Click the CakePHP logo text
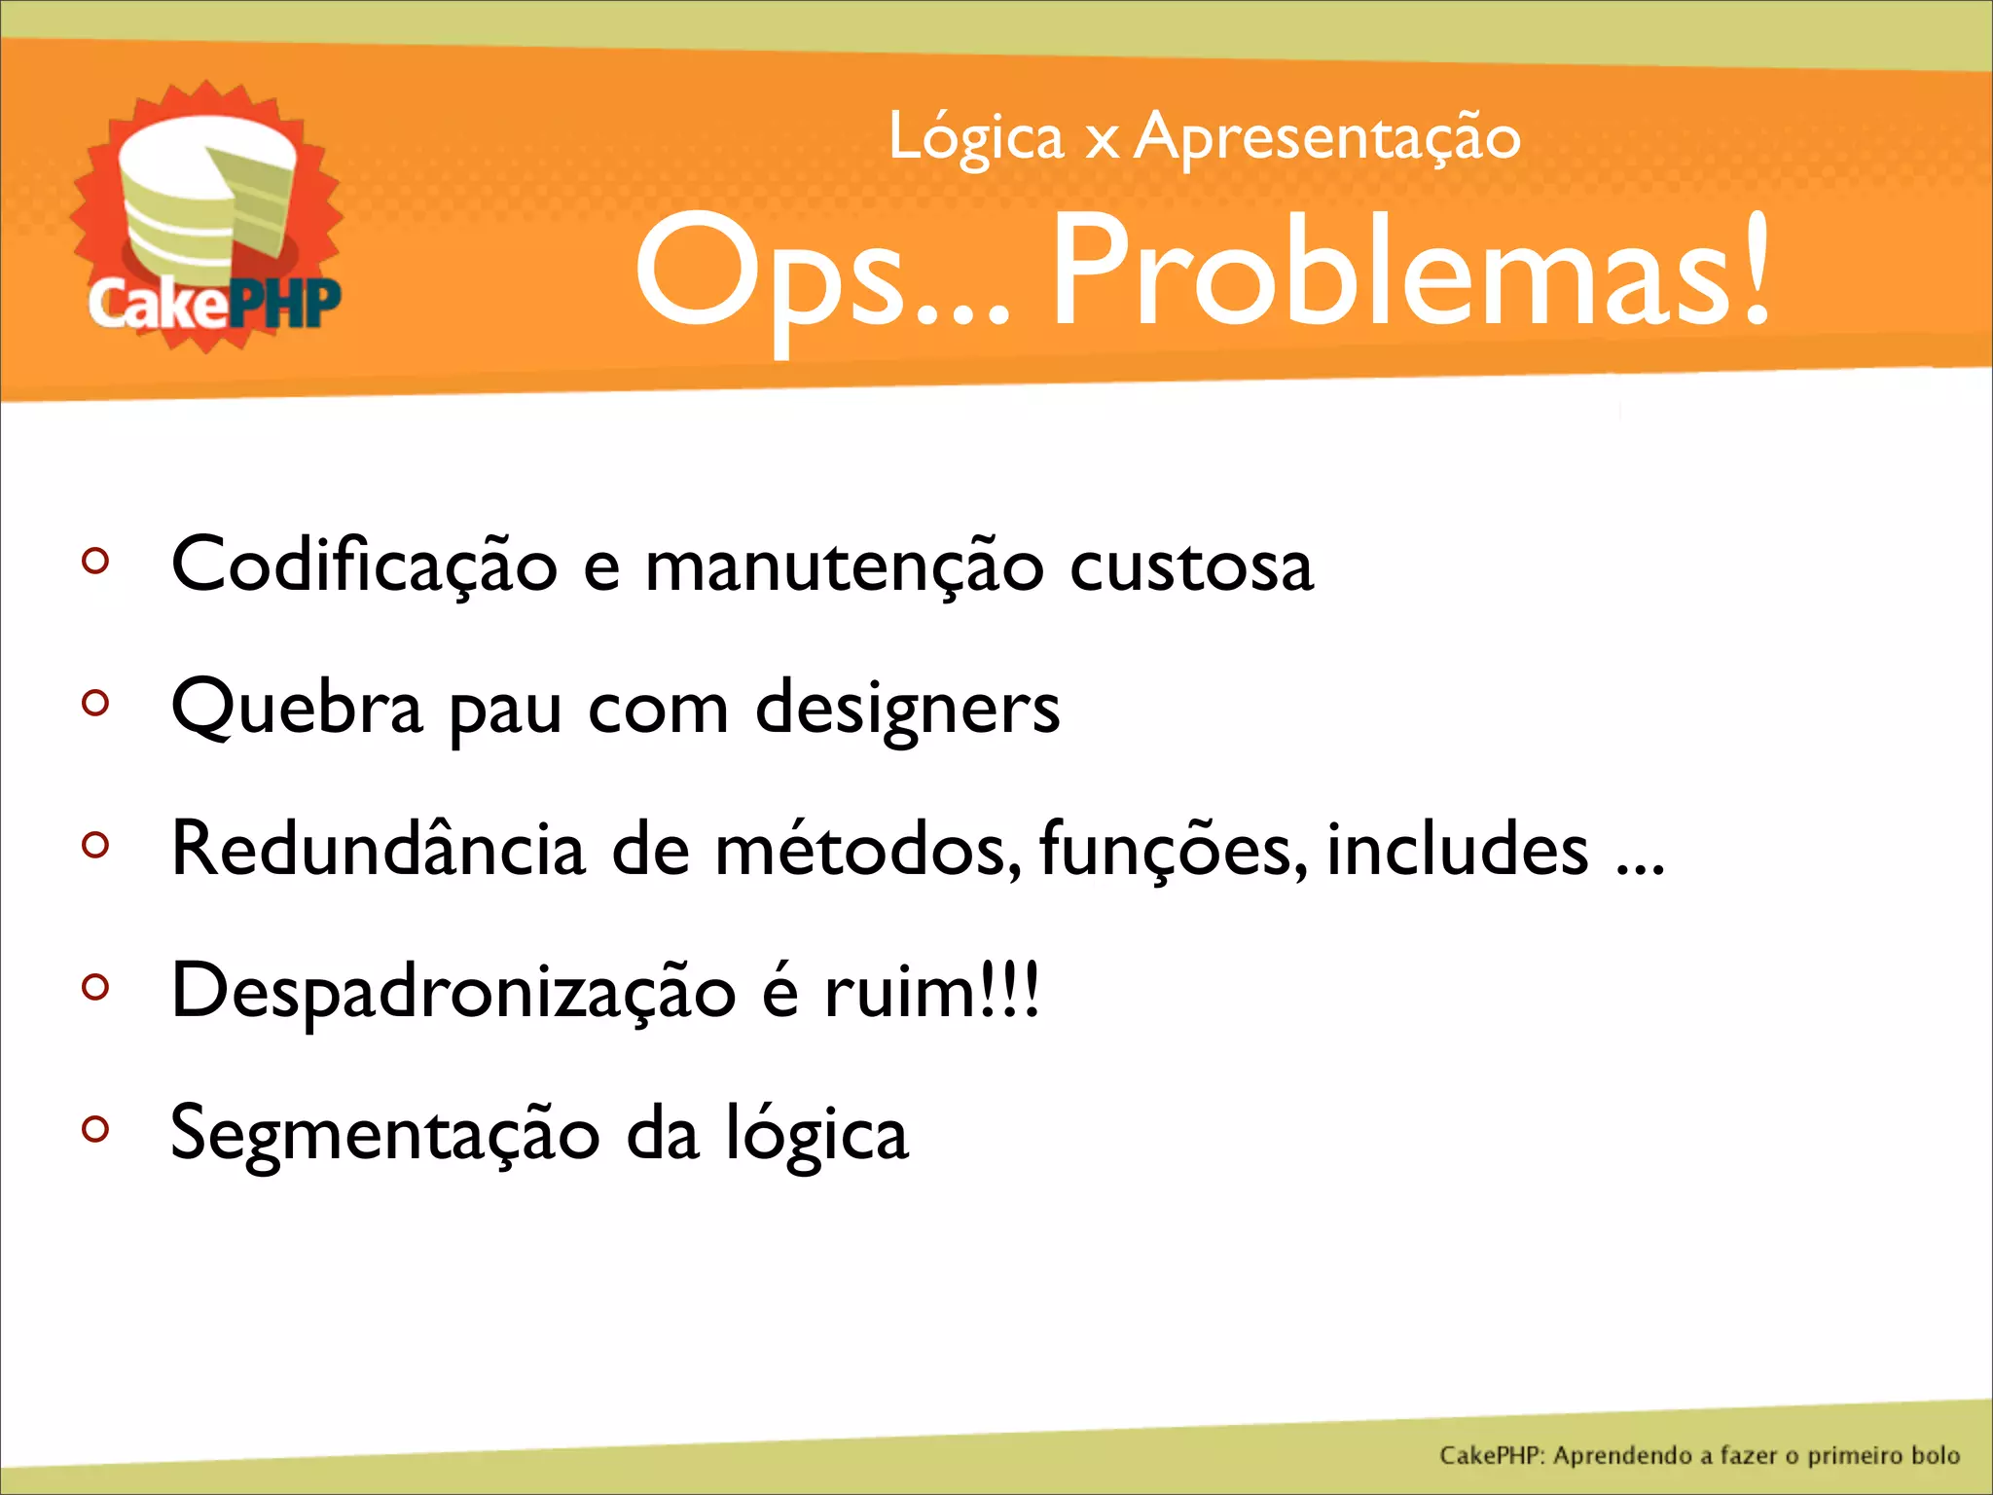(x=214, y=304)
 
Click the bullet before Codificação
(x=95, y=561)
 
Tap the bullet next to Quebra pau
(x=95, y=703)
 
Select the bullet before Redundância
(x=95, y=845)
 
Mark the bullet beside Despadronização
(x=95, y=987)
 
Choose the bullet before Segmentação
(x=95, y=1129)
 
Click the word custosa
(x=1191, y=566)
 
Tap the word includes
(x=1457, y=849)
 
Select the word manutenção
(x=844, y=566)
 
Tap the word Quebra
(x=297, y=709)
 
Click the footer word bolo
(x=1935, y=1455)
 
